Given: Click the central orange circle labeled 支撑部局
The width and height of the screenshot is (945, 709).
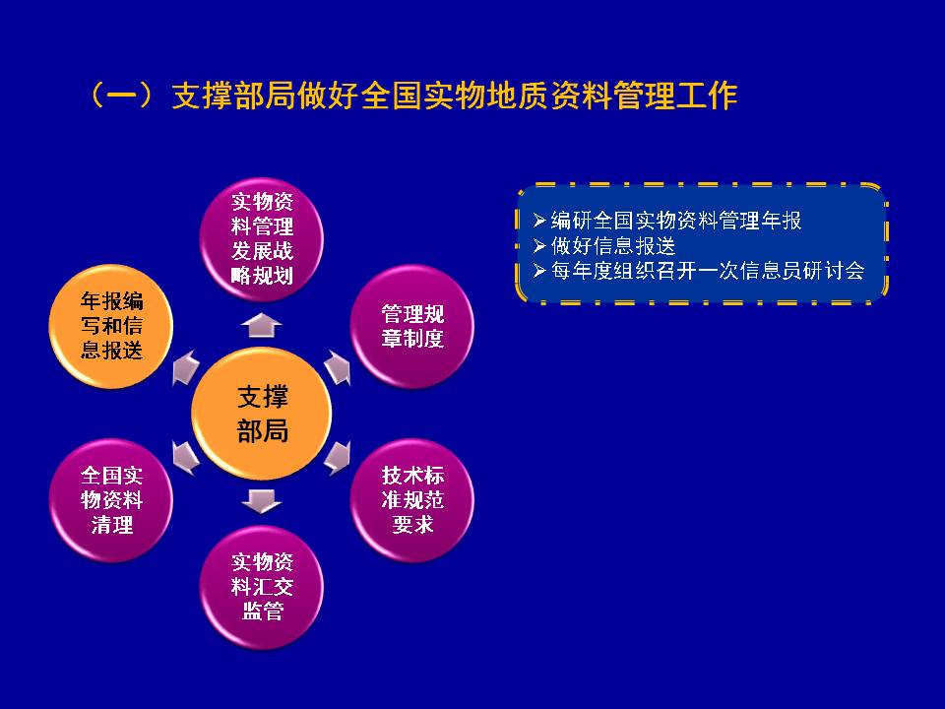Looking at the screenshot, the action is [x=262, y=414].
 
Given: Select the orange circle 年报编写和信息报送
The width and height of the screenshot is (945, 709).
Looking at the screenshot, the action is [x=111, y=326].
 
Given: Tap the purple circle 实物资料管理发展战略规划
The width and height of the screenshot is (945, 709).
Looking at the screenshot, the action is [x=262, y=238].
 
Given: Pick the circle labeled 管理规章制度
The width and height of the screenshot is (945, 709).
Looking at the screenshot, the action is [x=412, y=326].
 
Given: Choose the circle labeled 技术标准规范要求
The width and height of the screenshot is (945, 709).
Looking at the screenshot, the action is [x=412, y=500].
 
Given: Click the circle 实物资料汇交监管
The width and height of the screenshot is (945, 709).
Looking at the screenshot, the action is [x=262, y=587].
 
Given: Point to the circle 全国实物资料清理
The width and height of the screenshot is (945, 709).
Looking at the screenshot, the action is [x=111, y=500].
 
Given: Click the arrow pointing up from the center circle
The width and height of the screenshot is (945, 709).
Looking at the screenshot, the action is [x=262, y=326].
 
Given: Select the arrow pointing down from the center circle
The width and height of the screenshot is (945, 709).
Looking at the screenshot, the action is [x=262, y=501].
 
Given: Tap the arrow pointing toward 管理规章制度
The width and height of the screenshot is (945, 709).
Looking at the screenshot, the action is [x=338, y=367].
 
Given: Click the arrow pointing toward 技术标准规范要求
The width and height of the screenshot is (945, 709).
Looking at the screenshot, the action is [x=338, y=458].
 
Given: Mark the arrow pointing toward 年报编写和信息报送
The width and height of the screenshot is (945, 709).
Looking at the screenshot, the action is [x=185, y=367].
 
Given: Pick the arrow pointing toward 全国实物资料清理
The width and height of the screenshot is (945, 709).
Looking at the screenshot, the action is [x=185, y=458].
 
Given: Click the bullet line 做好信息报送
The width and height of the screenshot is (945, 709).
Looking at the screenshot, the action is [x=604, y=246].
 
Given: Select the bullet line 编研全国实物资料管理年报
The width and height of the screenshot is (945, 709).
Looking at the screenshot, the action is [x=667, y=221].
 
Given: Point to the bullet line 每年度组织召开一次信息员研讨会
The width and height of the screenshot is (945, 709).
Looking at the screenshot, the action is [x=699, y=271].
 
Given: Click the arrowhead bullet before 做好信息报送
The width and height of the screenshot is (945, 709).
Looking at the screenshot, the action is [x=539, y=246].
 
